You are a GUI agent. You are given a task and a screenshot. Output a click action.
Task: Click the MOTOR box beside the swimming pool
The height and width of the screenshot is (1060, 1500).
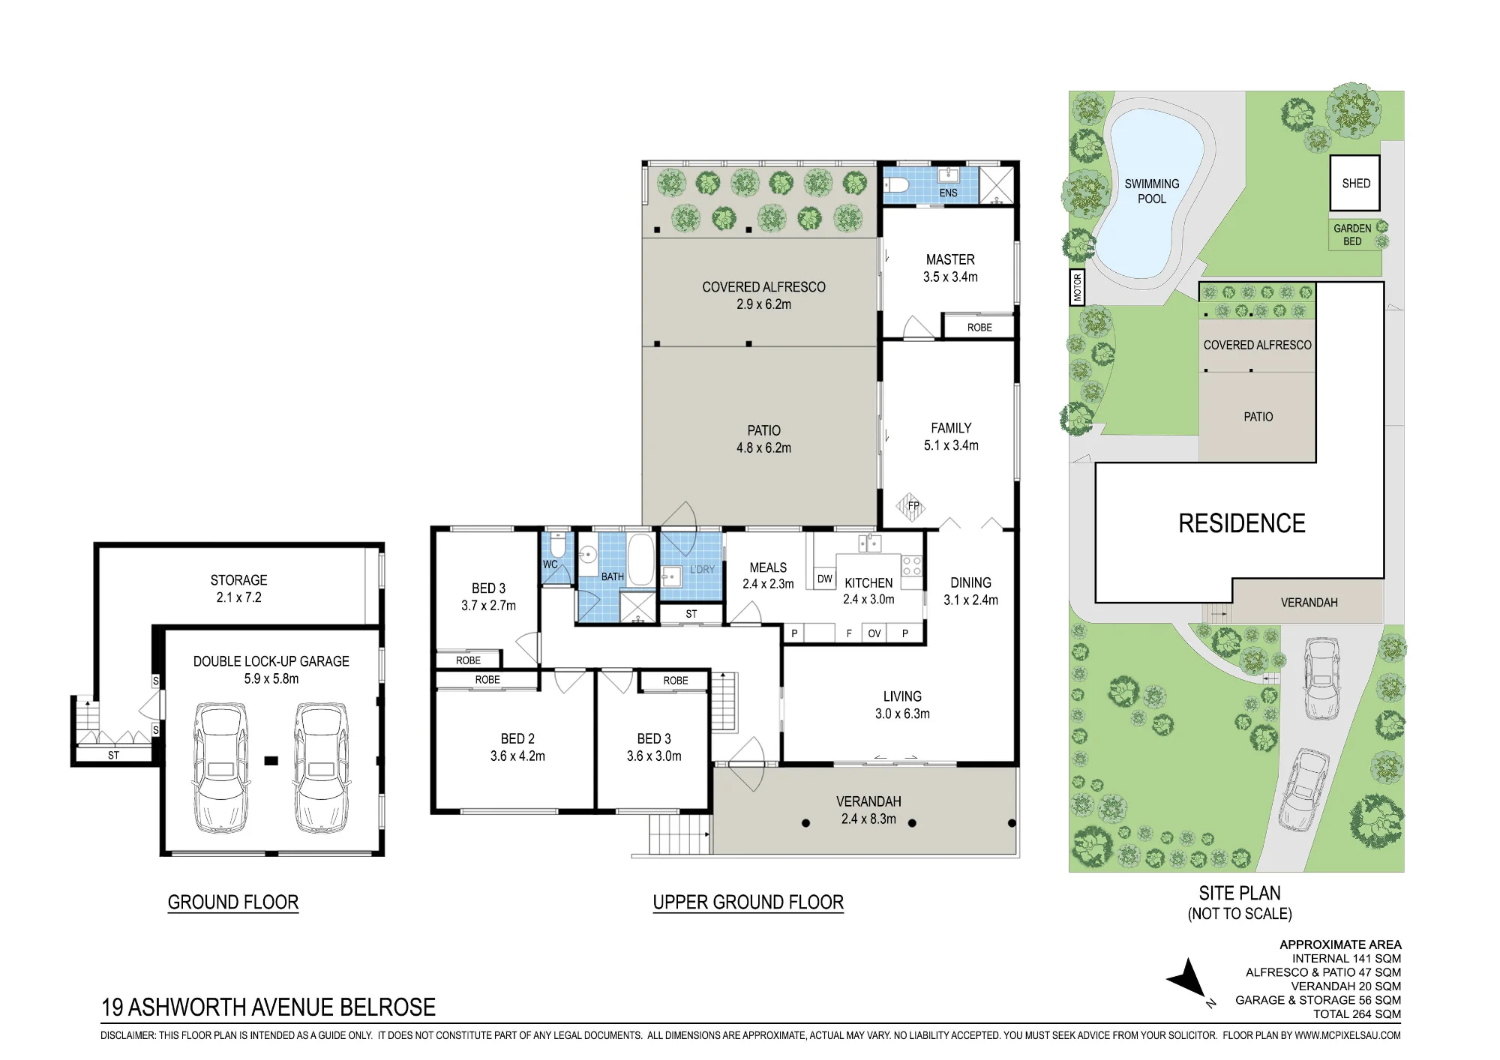point(1078,287)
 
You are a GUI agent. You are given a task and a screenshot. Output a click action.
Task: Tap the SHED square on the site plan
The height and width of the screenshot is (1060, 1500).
point(1355,183)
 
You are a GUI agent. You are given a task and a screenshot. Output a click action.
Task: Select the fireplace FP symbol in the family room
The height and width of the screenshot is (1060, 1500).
point(913,506)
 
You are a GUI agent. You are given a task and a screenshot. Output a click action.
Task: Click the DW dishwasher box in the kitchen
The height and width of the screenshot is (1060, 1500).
point(825,578)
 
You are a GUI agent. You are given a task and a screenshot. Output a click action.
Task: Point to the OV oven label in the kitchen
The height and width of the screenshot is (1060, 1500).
point(874,633)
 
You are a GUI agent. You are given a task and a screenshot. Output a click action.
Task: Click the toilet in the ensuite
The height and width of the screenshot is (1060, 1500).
point(896,184)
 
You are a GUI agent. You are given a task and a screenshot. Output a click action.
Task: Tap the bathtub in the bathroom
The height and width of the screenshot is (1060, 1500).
point(640,559)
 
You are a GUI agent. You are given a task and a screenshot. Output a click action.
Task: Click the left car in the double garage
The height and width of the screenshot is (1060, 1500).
point(220,767)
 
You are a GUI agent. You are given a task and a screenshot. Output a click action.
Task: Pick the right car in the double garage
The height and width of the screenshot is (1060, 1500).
point(322,767)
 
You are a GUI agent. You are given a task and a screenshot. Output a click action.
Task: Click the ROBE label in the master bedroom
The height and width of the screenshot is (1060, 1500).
point(979,328)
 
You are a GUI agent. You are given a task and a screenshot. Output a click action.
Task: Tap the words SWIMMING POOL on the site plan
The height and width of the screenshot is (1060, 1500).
point(1152,191)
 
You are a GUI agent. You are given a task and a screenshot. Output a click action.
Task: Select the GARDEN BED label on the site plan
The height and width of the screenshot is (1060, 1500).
point(1352,235)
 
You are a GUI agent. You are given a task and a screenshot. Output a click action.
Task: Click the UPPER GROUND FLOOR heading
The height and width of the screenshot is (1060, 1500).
point(748,902)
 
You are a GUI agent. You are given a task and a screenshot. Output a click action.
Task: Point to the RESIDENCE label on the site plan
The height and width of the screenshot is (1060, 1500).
point(1242,523)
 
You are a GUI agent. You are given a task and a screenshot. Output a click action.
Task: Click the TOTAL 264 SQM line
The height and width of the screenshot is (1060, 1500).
point(1357,1014)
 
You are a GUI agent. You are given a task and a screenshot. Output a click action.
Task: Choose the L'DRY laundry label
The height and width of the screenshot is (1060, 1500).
point(702,569)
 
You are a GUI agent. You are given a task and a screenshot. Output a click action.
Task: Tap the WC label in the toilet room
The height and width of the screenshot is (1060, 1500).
point(550,564)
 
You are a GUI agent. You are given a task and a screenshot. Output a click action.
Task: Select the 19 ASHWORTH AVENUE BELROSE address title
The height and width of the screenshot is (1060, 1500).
point(268,1007)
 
